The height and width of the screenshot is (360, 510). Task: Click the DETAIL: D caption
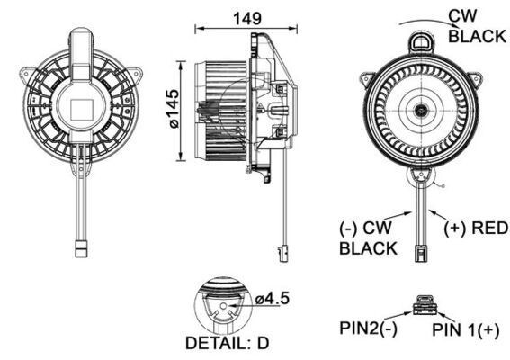tap(227, 343)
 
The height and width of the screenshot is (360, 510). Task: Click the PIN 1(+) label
tap(466, 331)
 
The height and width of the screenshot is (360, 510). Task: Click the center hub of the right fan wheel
tap(420, 111)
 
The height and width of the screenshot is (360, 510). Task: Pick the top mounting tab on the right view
tap(421, 40)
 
